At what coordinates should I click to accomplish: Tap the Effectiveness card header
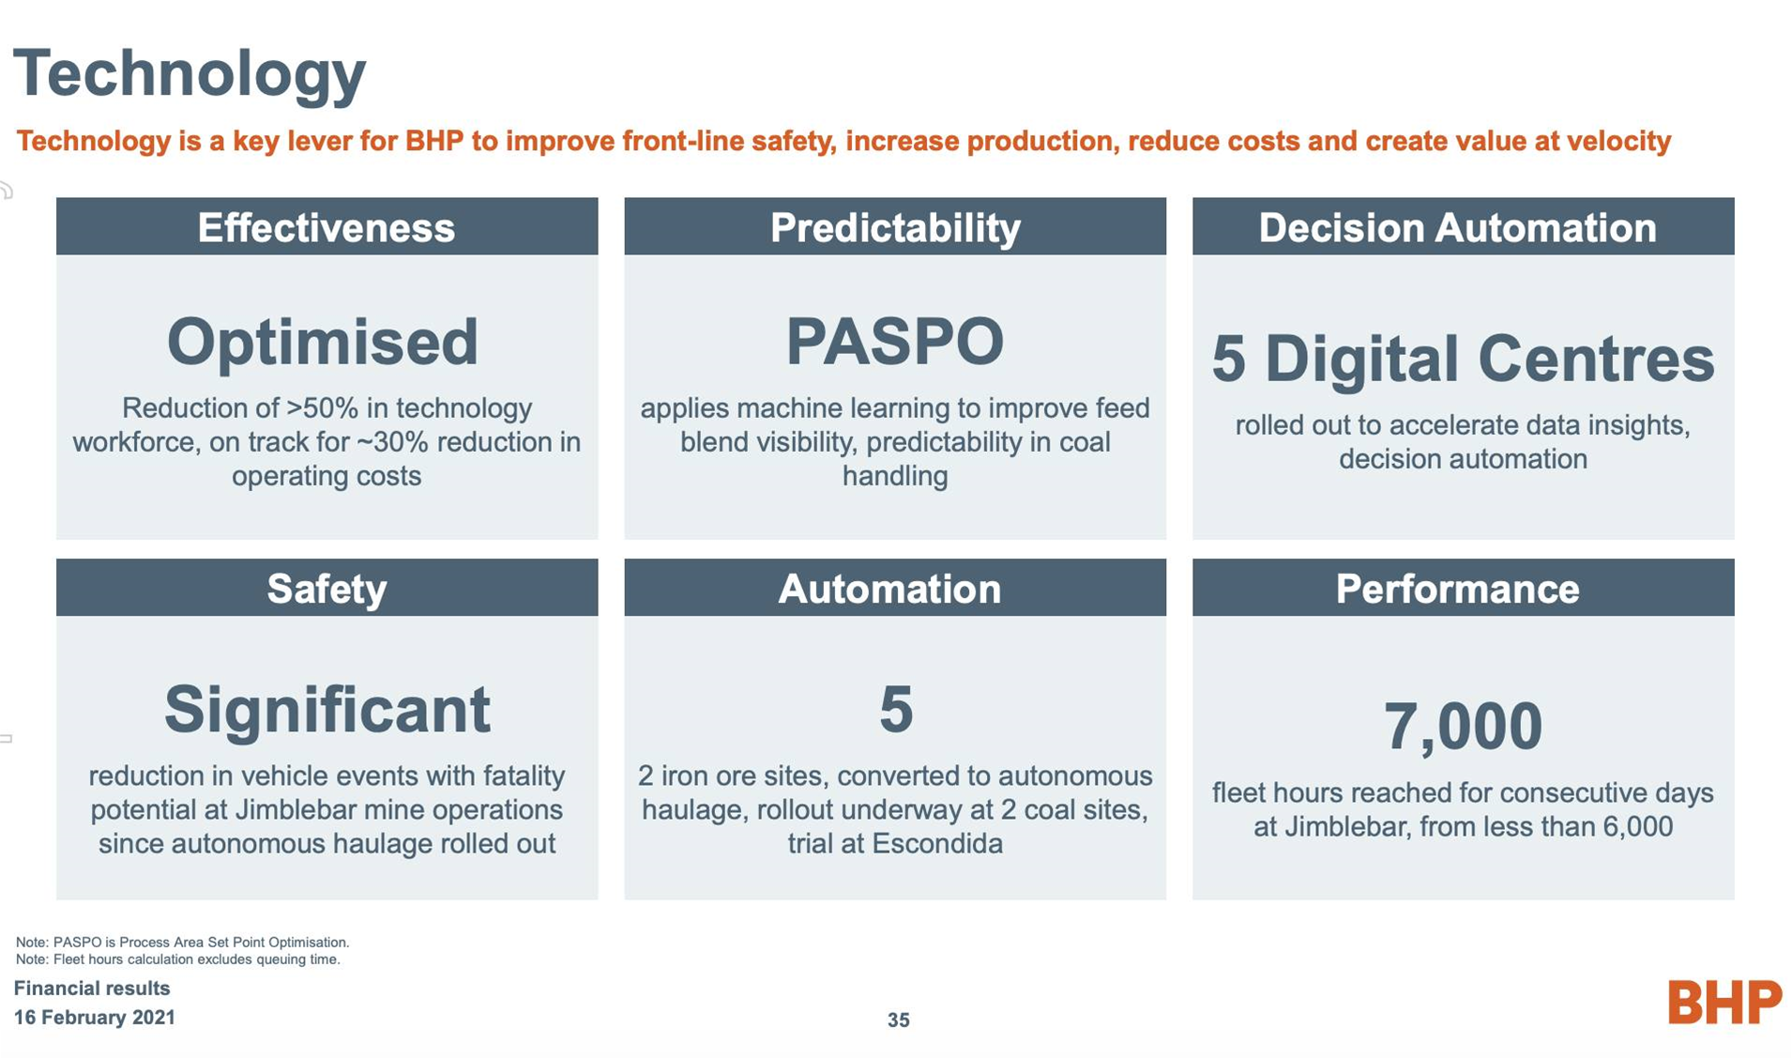tap(327, 226)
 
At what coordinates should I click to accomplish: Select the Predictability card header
tap(895, 226)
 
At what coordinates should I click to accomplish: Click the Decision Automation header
tap(1463, 226)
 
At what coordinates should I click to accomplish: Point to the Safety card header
tap(327, 588)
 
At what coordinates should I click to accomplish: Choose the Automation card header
tap(895, 588)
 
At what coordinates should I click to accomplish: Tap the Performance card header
tap(1463, 588)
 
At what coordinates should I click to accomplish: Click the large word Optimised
tap(323, 342)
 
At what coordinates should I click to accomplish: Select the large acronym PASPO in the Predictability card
tap(895, 341)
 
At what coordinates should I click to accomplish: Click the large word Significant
tap(327, 711)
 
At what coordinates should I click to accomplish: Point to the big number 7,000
tap(1463, 727)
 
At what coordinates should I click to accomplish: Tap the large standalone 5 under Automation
tap(896, 709)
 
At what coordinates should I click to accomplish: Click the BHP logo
tap(1724, 1002)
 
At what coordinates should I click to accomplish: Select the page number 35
tap(898, 1020)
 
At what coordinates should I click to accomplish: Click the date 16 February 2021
tap(95, 1018)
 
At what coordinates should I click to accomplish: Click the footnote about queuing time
tap(178, 959)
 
